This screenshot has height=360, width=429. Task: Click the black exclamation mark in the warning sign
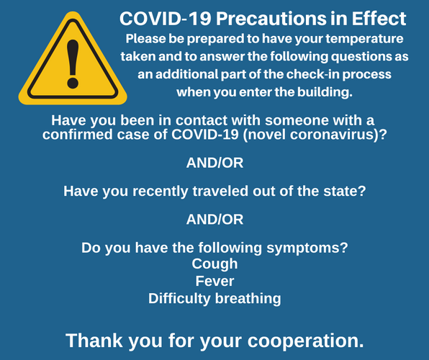(x=73, y=64)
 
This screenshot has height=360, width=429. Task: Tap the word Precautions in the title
(x=271, y=19)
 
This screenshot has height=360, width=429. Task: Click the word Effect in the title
(x=379, y=19)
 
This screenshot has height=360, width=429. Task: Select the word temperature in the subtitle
(x=364, y=39)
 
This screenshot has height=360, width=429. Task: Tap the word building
(x=325, y=92)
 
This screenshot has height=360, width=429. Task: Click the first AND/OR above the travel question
(x=214, y=163)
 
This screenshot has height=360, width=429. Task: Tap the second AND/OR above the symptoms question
(x=214, y=220)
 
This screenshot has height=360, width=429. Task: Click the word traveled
(x=220, y=191)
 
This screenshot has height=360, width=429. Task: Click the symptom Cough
(x=214, y=264)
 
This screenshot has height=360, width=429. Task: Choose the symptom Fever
(x=214, y=281)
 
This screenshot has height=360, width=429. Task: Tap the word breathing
(x=248, y=299)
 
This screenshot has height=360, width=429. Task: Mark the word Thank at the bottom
(x=94, y=341)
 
